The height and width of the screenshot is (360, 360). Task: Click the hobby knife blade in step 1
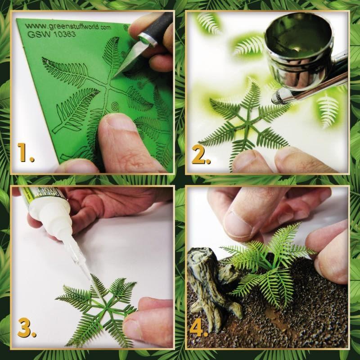tap(125, 63)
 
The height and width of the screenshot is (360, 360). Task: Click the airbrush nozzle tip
tap(275, 96)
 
